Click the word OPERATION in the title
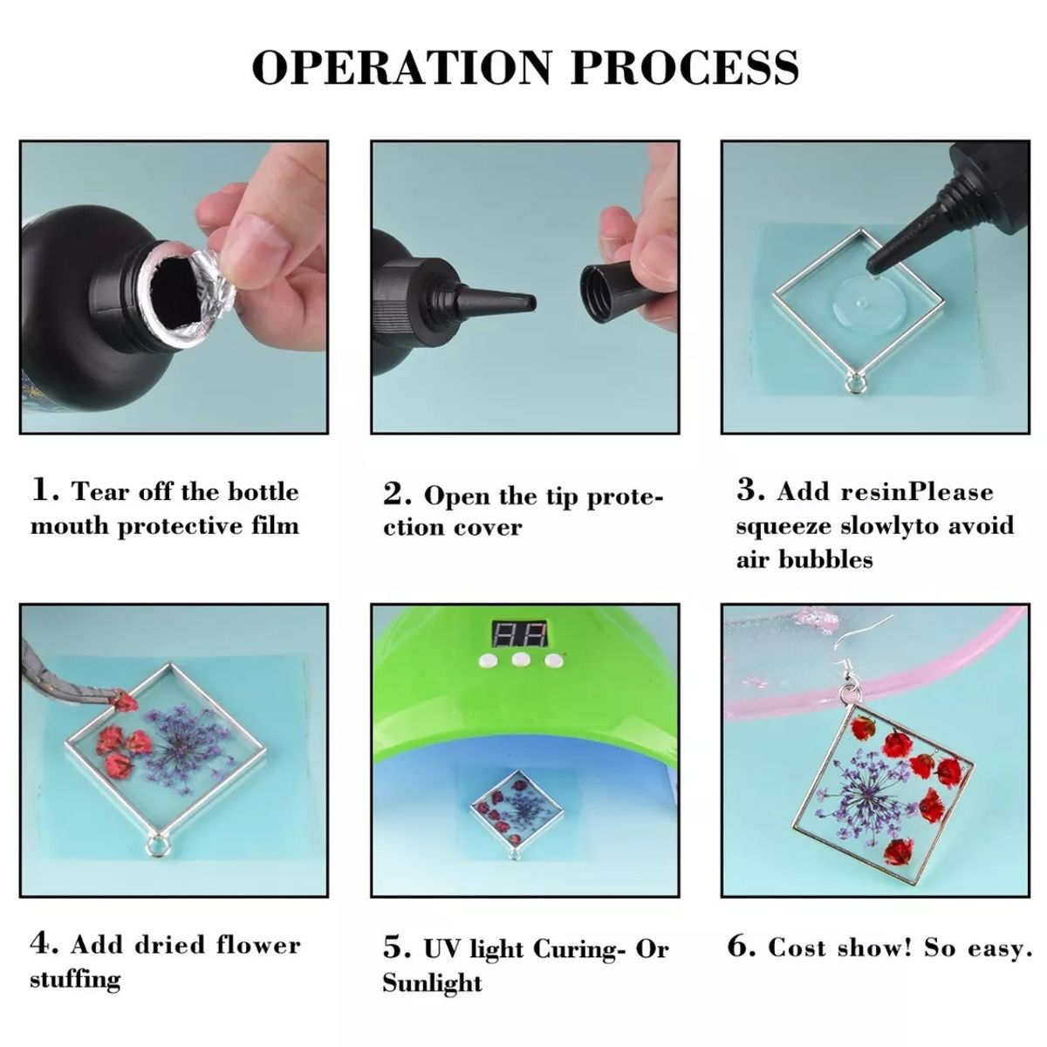point(401,67)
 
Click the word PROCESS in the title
point(685,67)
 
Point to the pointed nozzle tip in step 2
point(530,303)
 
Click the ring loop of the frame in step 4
point(158,847)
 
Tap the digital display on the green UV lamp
point(518,633)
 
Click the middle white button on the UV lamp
point(520,660)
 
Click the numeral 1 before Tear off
point(41,489)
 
